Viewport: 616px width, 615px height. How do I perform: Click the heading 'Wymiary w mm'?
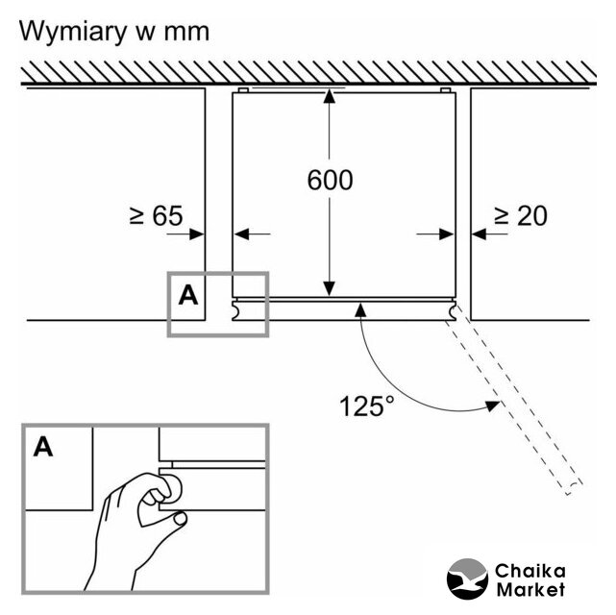click(114, 31)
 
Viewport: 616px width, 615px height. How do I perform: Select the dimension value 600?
click(330, 180)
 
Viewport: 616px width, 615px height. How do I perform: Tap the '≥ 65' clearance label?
click(156, 216)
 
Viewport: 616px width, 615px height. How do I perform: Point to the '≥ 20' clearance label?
click(520, 216)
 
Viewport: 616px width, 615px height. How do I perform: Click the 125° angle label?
click(366, 405)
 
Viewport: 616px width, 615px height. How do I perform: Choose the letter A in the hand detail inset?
click(43, 446)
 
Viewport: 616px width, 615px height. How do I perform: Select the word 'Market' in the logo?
click(530, 589)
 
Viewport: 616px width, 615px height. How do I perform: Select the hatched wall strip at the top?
click(308, 70)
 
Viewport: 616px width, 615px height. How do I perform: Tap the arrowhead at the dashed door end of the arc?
click(491, 406)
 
